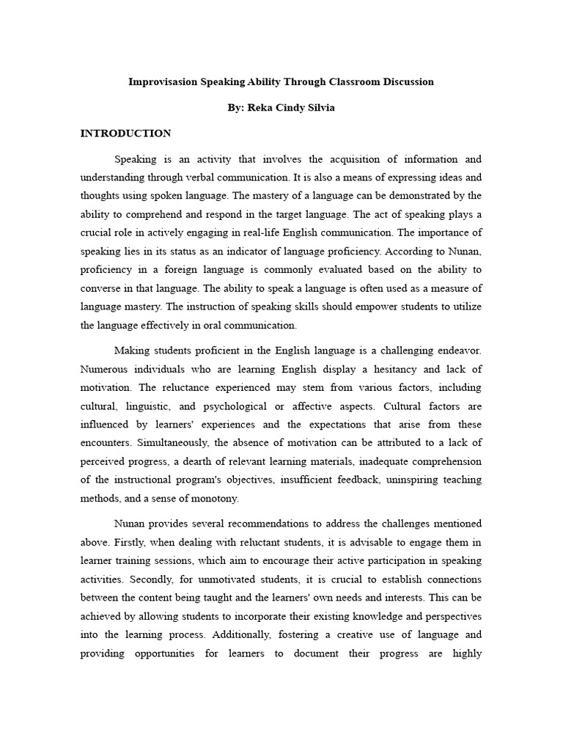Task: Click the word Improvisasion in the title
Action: coord(163,81)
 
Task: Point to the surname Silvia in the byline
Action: coord(320,108)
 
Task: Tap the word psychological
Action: coord(227,406)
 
